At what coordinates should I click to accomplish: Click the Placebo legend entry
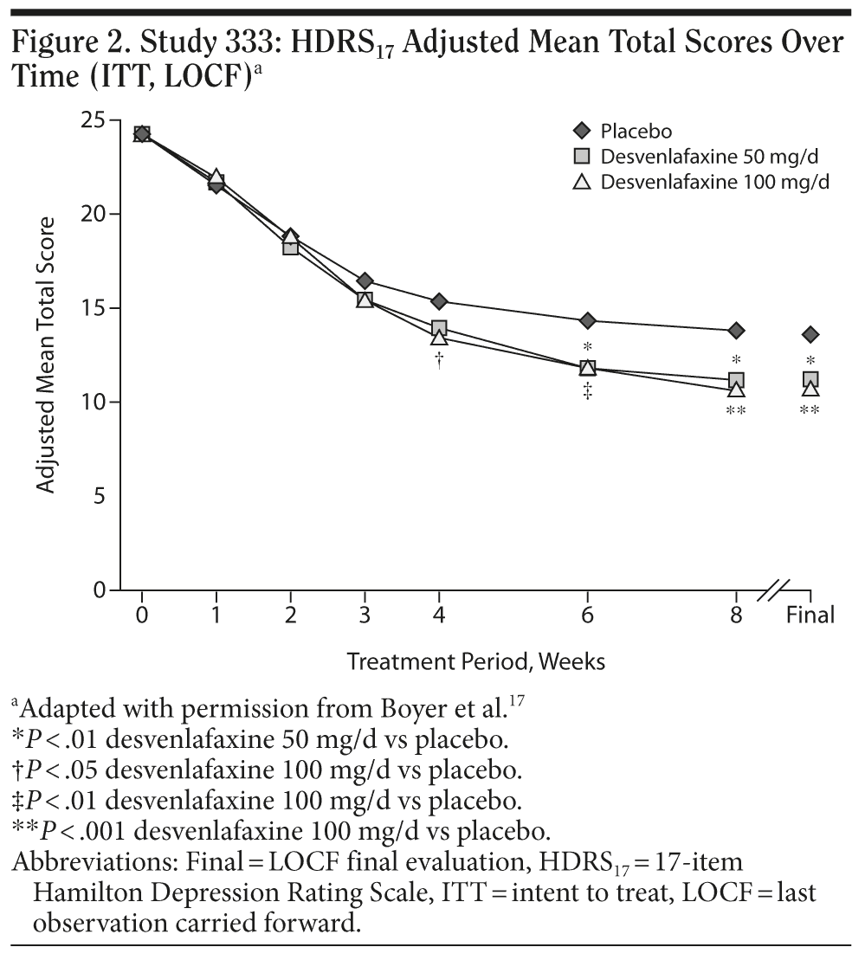(636, 132)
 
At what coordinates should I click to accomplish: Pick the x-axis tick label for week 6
(587, 615)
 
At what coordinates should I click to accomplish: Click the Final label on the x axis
(810, 615)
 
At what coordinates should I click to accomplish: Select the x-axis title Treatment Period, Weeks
(476, 662)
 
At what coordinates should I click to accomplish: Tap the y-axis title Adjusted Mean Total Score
(47, 355)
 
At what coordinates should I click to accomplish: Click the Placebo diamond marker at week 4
(439, 301)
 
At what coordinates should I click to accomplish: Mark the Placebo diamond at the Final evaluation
(810, 334)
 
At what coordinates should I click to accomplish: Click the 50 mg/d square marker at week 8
(736, 380)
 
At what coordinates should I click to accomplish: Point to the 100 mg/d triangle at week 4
(439, 338)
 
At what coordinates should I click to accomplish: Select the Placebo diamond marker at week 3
(365, 280)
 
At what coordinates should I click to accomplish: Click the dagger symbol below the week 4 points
(439, 360)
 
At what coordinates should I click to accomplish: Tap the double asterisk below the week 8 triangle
(736, 411)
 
